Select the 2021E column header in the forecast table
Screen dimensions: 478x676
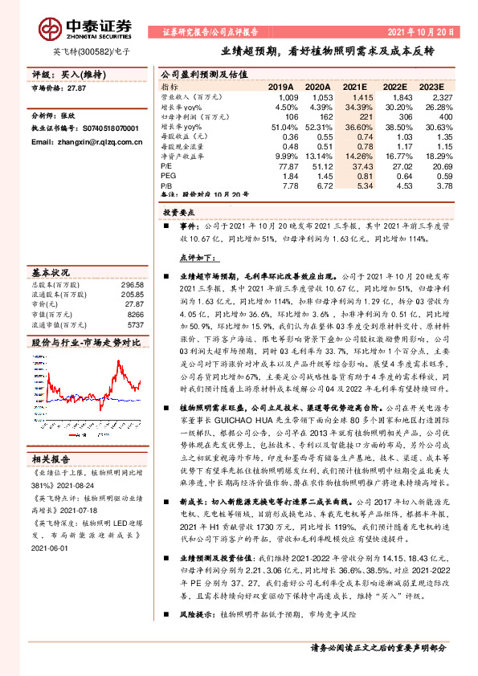tap(355, 87)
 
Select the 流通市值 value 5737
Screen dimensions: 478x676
tap(133, 325)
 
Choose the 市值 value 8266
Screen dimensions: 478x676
tap(133, 316)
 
